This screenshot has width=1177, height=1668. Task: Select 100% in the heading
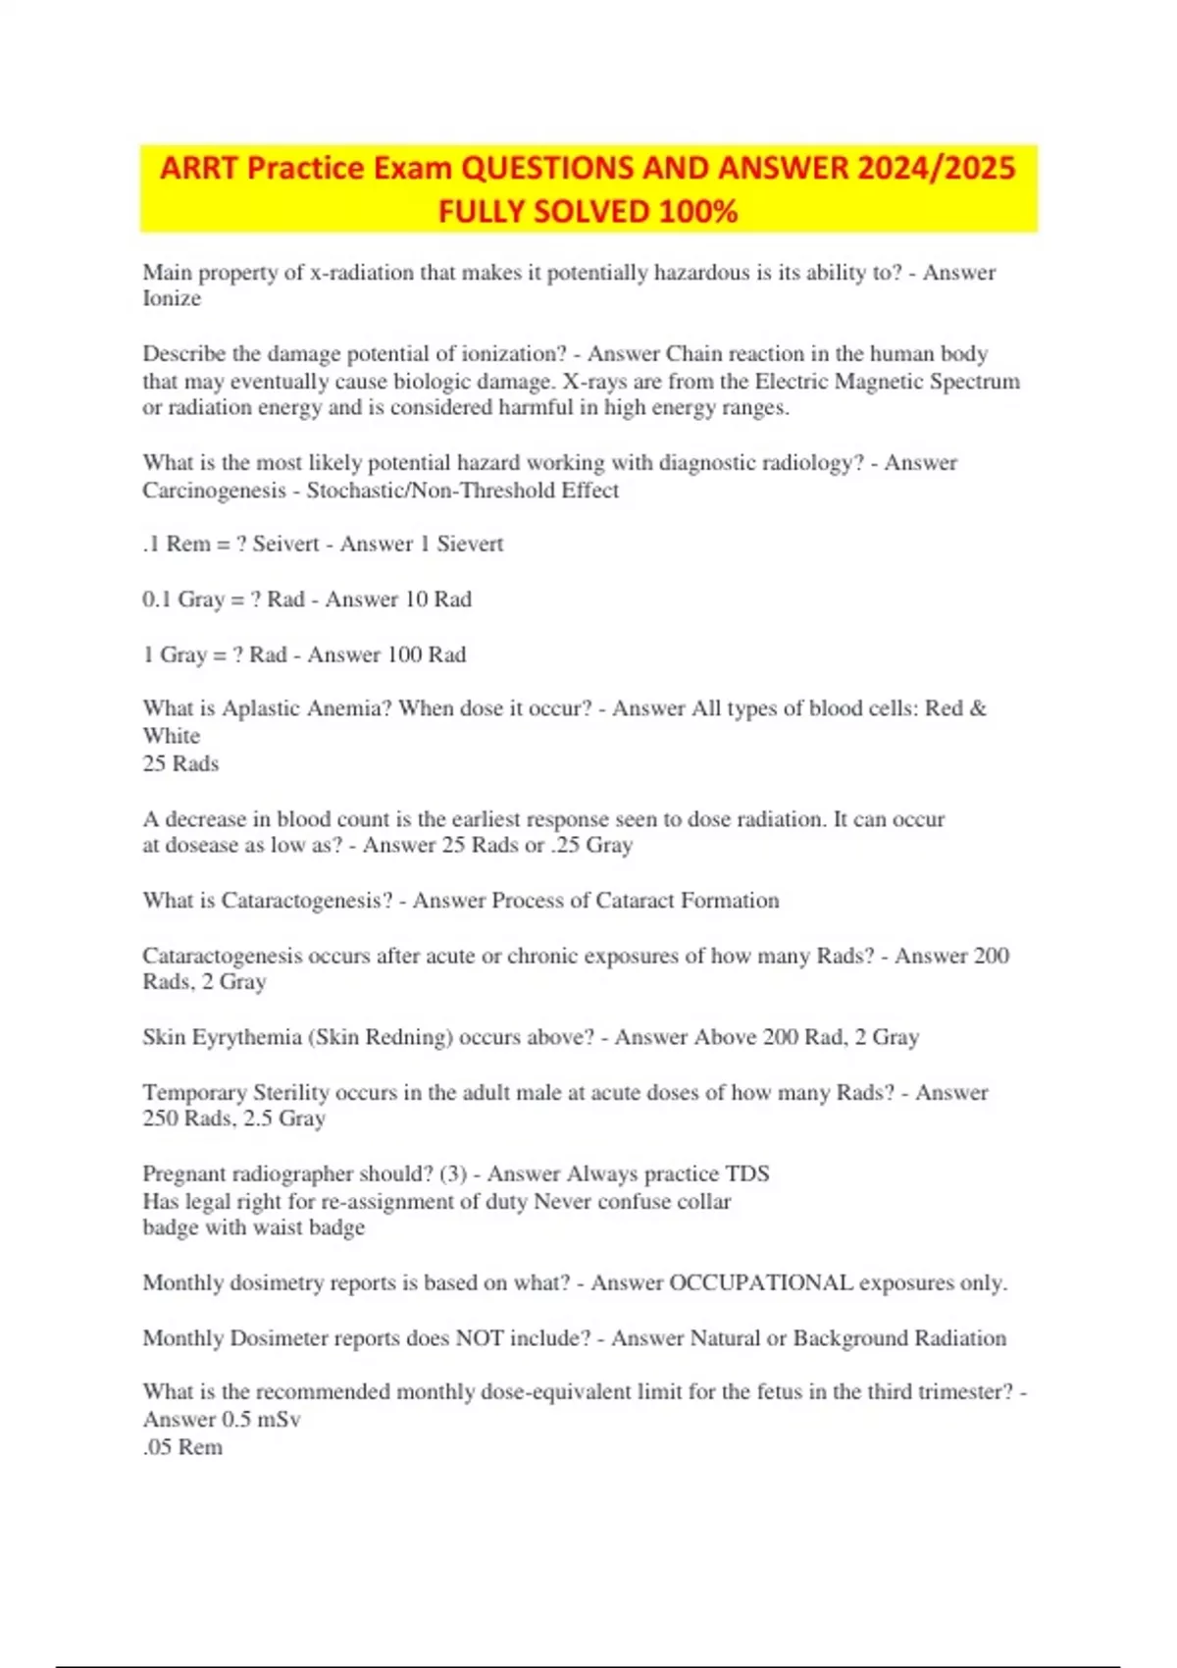tap(697, 212)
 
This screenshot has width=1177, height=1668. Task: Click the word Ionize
tap(172, 299)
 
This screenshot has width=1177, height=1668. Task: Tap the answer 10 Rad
tap(438, 599)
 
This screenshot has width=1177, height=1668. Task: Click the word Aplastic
tap(263, 708)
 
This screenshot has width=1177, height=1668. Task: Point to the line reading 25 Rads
tap(180, 764)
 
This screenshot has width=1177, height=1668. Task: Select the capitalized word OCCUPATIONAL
tap(760, 1283)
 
